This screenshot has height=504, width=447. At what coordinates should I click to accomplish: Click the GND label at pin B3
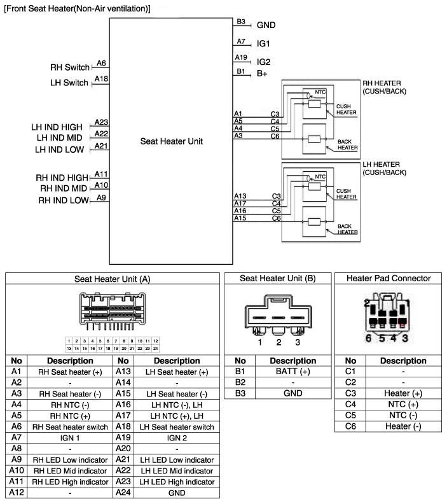click(266, 25)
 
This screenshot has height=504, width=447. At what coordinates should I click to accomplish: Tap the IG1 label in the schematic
click(263, 45)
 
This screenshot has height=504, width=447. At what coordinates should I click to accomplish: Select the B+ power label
click(262, 74)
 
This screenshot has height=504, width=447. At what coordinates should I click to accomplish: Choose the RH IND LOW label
click(63, 200)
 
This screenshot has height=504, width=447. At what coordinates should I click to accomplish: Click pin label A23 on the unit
click(101, 122)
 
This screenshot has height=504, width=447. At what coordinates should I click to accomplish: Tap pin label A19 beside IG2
click(241, 57)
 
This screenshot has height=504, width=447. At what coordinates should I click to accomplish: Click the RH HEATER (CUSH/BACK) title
click(384, 87)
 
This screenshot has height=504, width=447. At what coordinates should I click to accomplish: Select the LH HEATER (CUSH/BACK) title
click(383, 169)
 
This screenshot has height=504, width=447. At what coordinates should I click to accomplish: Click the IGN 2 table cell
click(167, 438)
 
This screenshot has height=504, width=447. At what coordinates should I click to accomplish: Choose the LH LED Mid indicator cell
click(167, 470)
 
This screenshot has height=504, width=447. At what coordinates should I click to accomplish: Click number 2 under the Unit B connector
click(279, 342)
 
